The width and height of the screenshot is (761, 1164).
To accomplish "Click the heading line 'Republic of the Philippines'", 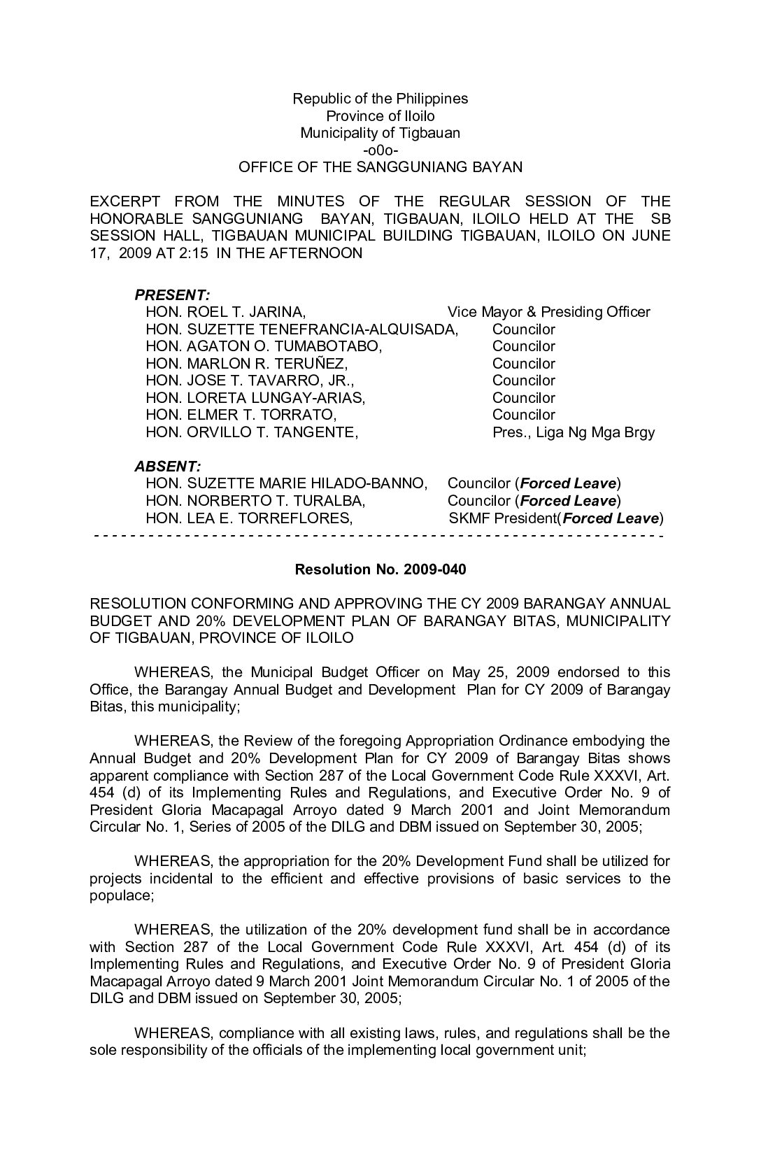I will point(380,99).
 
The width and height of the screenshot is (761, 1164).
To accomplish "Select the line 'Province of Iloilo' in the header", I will point(380,116).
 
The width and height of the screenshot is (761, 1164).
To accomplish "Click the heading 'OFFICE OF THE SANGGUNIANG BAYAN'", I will point(380,167).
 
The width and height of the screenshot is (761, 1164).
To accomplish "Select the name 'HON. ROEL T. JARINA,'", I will point(225,312).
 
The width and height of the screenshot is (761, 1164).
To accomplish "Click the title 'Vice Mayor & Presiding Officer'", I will point(548,312).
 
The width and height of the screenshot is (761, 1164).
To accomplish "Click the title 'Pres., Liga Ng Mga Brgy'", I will point(574,432).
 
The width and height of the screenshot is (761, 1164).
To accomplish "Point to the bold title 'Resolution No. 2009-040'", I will point(380,569).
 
